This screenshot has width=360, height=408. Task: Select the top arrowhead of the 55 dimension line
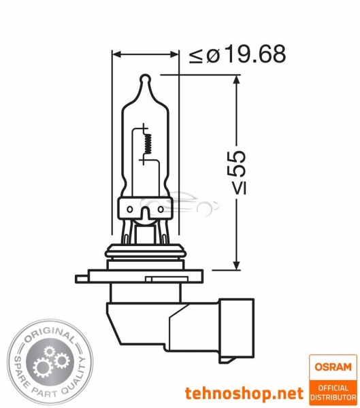click(x=236, y=80)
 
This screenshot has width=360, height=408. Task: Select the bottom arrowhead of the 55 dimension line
click(x=236, y=265)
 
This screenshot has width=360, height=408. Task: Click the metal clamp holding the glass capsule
click(x=145, y=208)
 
